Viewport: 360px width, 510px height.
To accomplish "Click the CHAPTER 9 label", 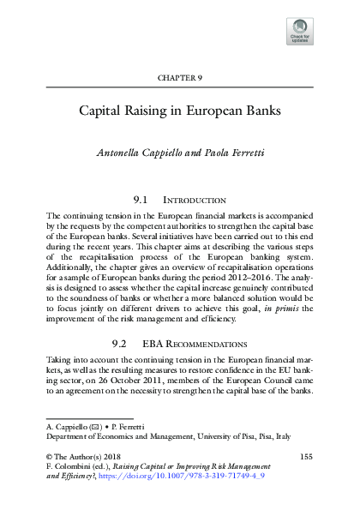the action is coord(180,78).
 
